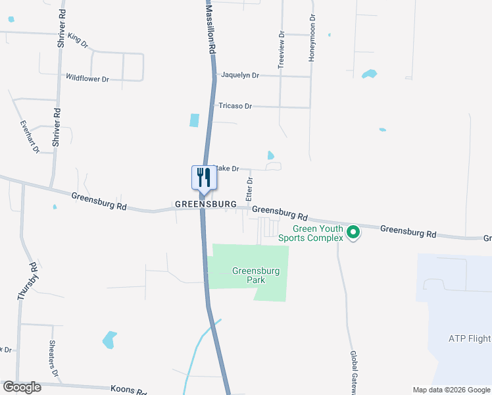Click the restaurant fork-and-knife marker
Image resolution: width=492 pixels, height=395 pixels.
(x=203, y=178)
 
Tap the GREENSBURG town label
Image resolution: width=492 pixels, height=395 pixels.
(x=205, y=205)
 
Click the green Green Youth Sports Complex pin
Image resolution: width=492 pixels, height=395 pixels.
(x=353, y=232)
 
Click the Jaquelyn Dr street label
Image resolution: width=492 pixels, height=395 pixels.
(x=240, y=76)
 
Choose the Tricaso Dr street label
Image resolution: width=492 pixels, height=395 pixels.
(x=235, y=106)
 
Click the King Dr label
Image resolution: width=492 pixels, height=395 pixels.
(x=78, y=41)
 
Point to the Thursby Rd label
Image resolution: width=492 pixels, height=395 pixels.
(x=27, y=282)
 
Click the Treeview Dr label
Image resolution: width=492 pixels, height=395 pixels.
(x=282, y=49)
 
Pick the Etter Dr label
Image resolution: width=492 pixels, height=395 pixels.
(x=249, y=189)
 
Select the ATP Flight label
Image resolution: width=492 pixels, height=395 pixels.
(x=470, y=339)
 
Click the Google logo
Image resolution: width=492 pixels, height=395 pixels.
(x=22, y=387)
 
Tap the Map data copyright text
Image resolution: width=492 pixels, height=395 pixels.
(x=451, y=390)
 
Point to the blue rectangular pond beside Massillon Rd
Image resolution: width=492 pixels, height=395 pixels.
(x=194, y=120)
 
